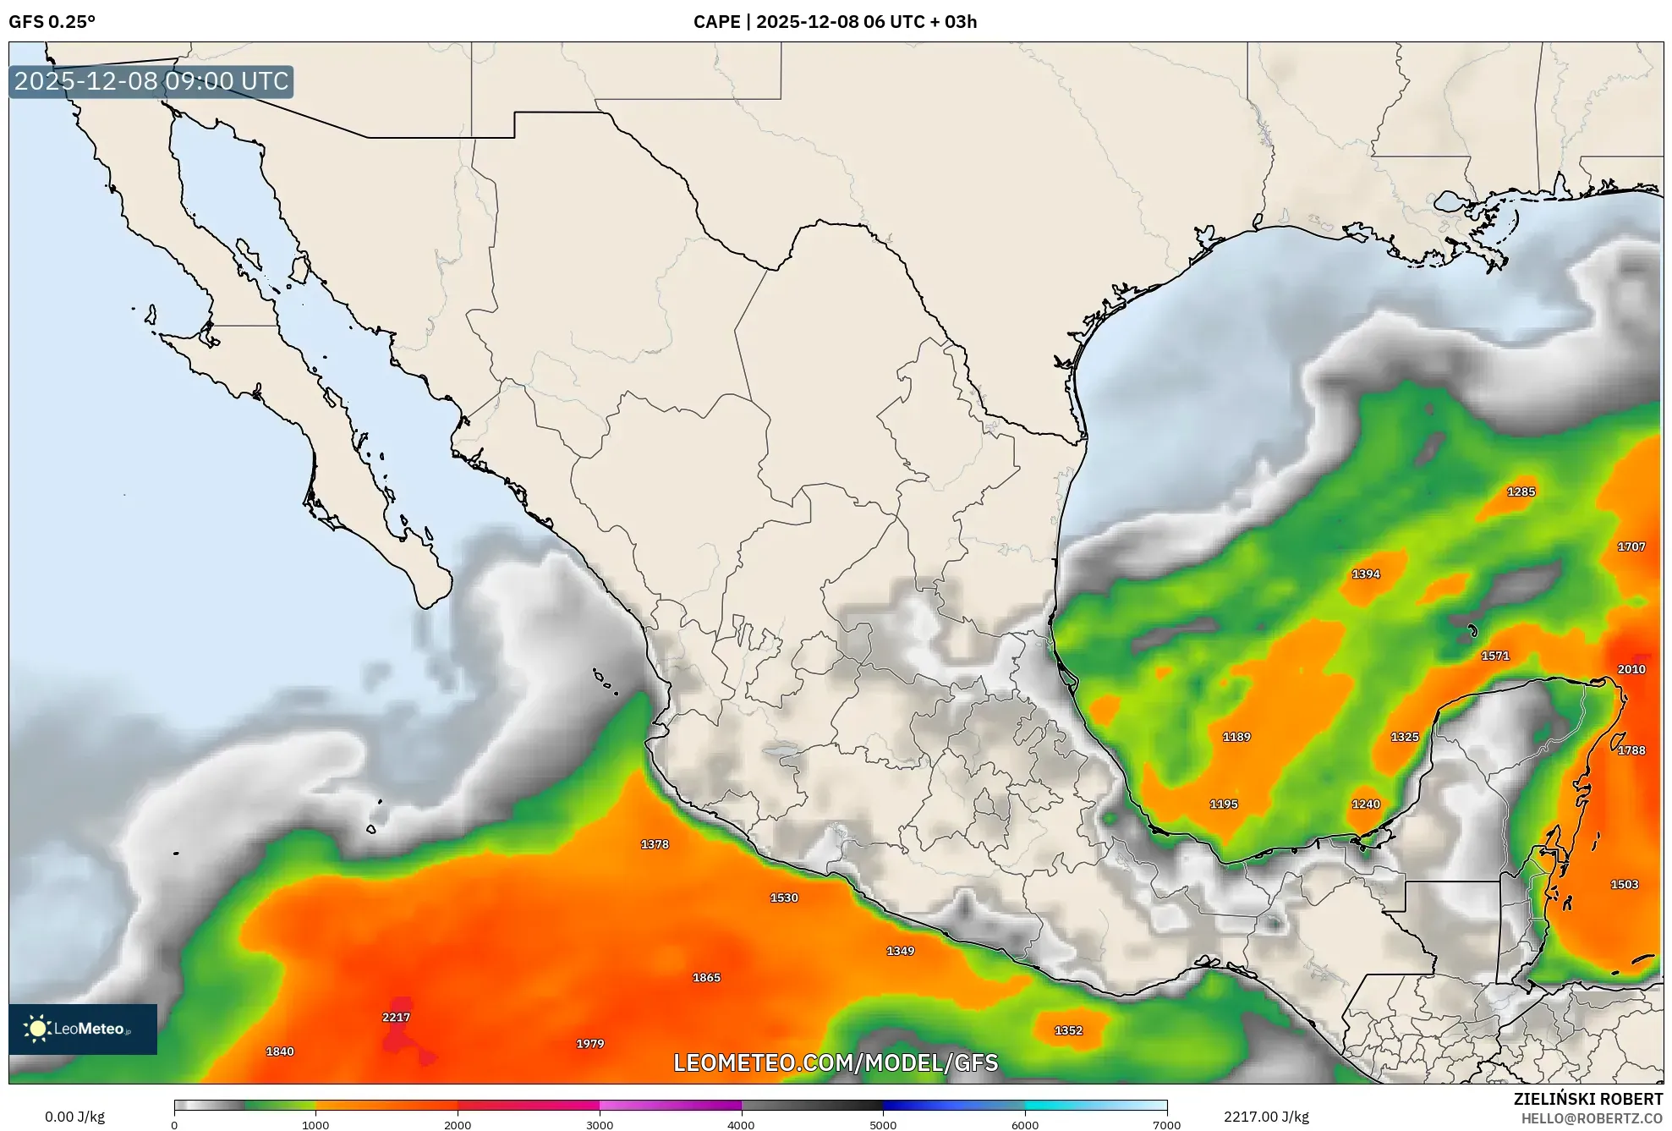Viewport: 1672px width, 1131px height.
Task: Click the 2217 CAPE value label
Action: coord(396,1018)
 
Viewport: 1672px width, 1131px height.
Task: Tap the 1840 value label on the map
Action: coord(280,1051)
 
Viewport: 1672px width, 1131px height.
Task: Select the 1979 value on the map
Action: coord(590,1044)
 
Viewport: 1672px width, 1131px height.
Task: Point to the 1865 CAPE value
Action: coord(706,978)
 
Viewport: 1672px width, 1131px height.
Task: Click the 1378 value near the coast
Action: coord(655,844)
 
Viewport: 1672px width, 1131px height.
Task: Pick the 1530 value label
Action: coord(784,898)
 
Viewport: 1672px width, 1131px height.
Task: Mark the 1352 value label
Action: coord(1068,1030)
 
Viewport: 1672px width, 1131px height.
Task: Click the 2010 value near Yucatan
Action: coord(1631,669)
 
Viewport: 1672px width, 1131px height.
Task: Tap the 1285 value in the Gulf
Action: coord(1521,491)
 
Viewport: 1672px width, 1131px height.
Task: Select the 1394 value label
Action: coord(1366,574)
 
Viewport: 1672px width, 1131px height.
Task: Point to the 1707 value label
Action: coord(1631,546)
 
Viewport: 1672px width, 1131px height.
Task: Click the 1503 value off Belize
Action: coord(1624,885)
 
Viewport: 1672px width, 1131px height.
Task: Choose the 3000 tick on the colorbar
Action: coord(600,1124)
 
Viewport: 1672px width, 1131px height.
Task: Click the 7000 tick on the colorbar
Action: coord(1166,1124)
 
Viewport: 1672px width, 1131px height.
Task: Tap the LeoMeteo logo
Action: coord(83,1029)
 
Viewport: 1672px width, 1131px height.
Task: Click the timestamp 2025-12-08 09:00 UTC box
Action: coord(152,81)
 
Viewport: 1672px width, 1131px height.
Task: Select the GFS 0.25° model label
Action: coord(52,22)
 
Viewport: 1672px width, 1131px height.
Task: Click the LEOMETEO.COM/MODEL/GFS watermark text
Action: coord(836,1062)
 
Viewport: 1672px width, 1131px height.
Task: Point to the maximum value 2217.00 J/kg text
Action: coord(1266,1117)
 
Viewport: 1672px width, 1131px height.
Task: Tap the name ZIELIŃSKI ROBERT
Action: coord(1587,1099)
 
